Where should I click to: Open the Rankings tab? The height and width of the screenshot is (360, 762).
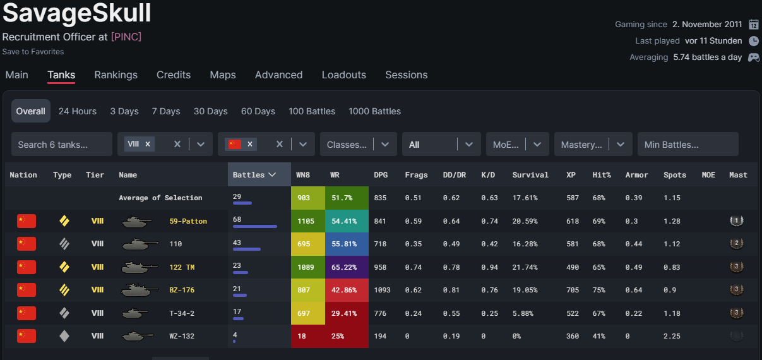click(x=116, y=75)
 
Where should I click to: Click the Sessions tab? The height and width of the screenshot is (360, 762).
click(x=406, y=75)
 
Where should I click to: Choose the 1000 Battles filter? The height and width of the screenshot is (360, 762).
click(x=374, y=111)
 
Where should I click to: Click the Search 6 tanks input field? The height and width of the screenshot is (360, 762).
click(x=61, y=144)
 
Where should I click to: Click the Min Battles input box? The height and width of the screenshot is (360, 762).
click(x=687, y=144)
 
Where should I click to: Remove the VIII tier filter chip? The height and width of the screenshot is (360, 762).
click(x=148, y=144)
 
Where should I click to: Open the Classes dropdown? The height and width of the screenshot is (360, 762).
click(x=358, y=144)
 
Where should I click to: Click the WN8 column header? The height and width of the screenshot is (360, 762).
click(x=303, y=174)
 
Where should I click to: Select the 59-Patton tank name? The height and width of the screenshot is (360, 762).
click(x=188, y=221)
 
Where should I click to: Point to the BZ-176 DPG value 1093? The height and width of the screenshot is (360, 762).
click(x=382, y=290)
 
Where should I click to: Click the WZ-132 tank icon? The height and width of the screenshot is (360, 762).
click(x=138, y=336)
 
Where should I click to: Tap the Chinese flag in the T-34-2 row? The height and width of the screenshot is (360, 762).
click(x=27, y=313)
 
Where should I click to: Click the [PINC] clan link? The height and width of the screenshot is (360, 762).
click(x=126, y=37)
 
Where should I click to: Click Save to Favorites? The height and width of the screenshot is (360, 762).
click(x=33, y=51)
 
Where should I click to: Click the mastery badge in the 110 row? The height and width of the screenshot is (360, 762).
click(x=735, y=244)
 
